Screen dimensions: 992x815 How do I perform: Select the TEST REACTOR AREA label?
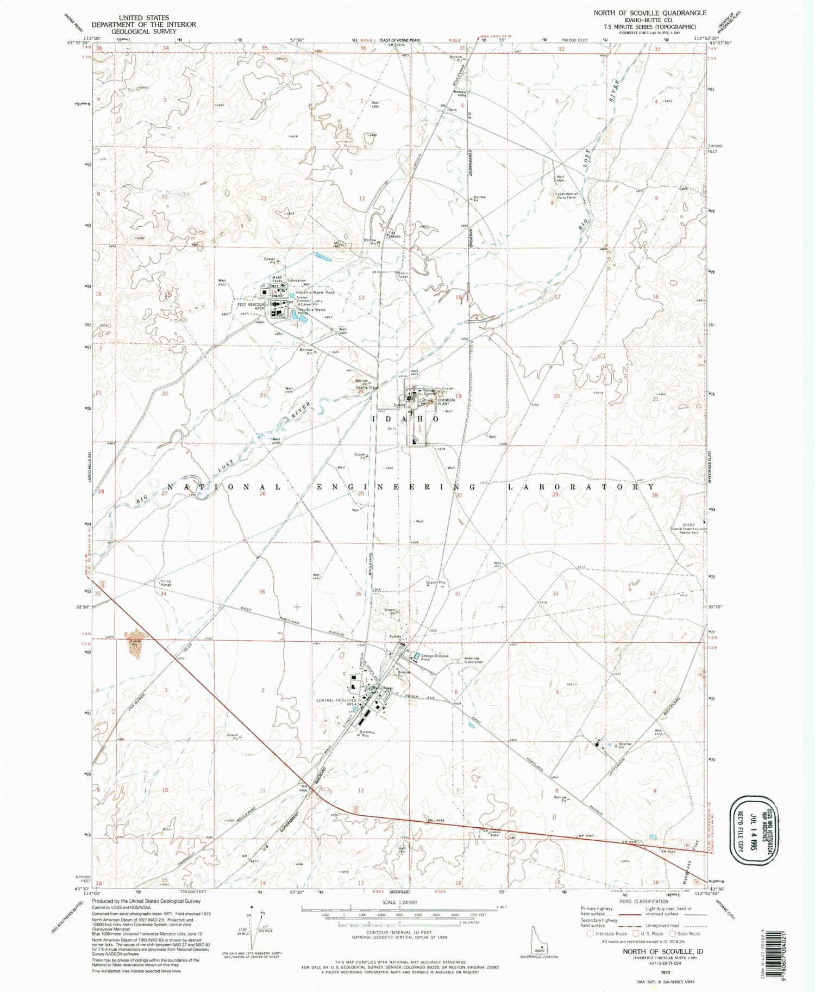pyautogui.click(x=251, y=306)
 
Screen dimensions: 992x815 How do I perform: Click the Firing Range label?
pyautogui.click(x=165, y=582)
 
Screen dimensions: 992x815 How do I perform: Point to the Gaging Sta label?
pyautogui.click(x=365, y=388)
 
